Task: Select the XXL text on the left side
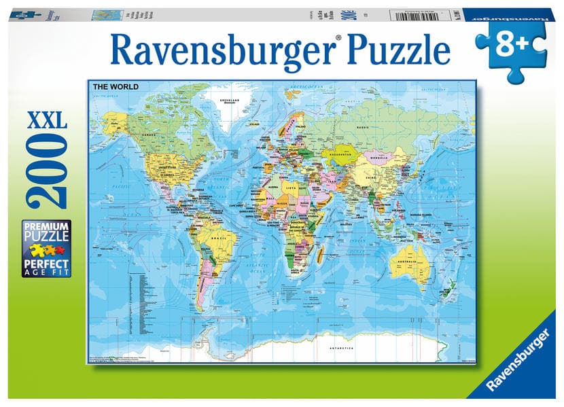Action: click(47, 122)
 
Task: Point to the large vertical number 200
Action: click(48, 171)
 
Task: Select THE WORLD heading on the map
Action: click(116, 86)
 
